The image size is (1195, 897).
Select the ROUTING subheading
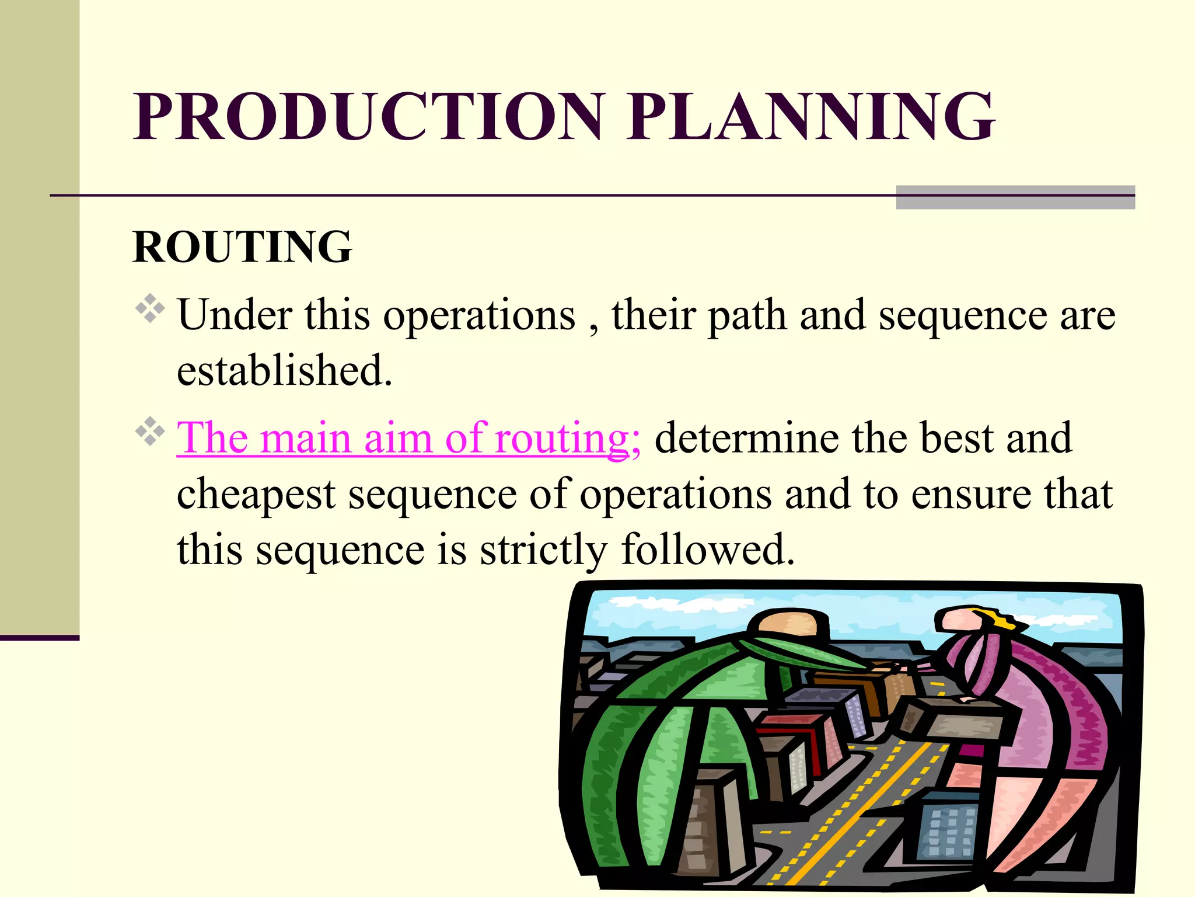243,247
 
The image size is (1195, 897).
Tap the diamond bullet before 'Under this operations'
151,309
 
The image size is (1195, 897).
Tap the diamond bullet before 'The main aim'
151,432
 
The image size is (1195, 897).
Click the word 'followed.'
708,550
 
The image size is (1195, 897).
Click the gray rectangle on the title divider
1015,197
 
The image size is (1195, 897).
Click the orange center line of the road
858,818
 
